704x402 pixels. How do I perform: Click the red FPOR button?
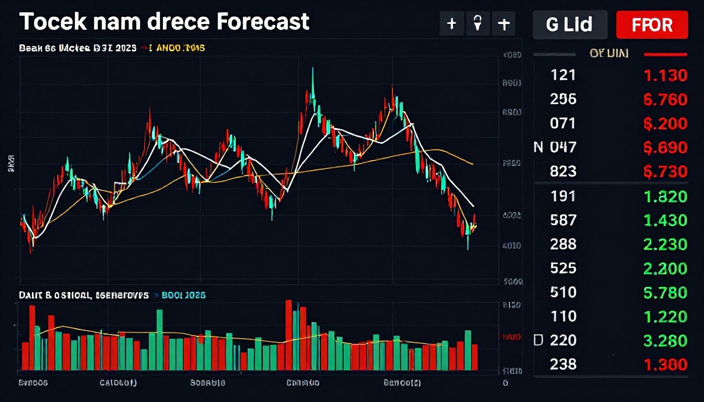coord(652,25)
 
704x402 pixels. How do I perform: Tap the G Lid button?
coord(569,25)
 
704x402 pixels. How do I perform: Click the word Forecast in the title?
coord(263,21)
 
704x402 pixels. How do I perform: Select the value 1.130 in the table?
coord(665,75)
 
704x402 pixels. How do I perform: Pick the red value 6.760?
coord(665,99)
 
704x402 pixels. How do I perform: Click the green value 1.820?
coord(665,196)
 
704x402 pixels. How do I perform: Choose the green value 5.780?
coord(665,292)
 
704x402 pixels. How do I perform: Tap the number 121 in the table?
coord(563,75)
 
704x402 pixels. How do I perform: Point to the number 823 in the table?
coord(563,171)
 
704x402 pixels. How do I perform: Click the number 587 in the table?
coord(563,220)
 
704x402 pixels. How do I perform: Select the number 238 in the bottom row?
coord(563,364)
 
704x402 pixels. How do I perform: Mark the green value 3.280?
coord(665,340)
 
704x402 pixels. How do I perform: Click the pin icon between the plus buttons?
coord(478,24)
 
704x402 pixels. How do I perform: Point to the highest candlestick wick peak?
coord(313,69)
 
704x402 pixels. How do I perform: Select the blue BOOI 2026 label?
coord(183,295)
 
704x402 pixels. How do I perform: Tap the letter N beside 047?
coord(538,147)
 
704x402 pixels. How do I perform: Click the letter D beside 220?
coord(538,340)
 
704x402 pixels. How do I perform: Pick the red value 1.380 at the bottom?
coord(665,365)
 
